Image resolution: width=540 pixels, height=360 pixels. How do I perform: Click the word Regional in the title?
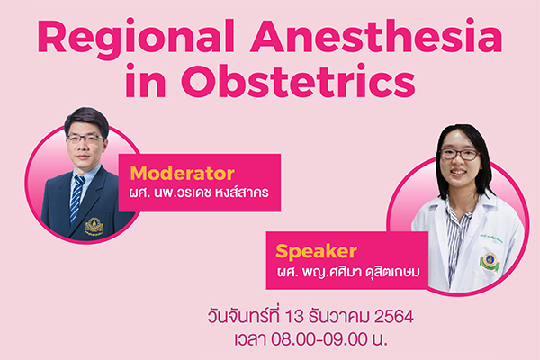tap(137, 40)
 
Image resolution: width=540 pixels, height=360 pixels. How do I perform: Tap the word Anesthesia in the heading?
tap(376, 36)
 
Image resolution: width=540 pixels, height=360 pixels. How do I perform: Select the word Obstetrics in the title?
tap(298, 81)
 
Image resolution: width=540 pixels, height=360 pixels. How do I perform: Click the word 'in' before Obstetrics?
tap(145, 81)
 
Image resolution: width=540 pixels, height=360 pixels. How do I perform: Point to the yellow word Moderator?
tap(183, 174)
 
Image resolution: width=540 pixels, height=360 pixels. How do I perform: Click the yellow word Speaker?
tap(316, 252)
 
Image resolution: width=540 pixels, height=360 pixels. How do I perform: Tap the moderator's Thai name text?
tap(199, 193)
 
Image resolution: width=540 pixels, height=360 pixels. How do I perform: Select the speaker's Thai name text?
tap(348, 272)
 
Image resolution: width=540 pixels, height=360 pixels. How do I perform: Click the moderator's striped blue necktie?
tap(76, 199)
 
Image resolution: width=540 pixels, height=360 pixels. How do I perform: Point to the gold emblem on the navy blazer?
tap(94, 226)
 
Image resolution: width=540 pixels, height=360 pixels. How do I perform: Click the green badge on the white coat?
tap(490, 262)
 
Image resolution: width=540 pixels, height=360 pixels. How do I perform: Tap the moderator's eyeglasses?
tap(85, 139)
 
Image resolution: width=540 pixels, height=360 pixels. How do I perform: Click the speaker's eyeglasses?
tap(459, 154)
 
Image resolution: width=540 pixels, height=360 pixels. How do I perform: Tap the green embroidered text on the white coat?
tap(491, 238)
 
